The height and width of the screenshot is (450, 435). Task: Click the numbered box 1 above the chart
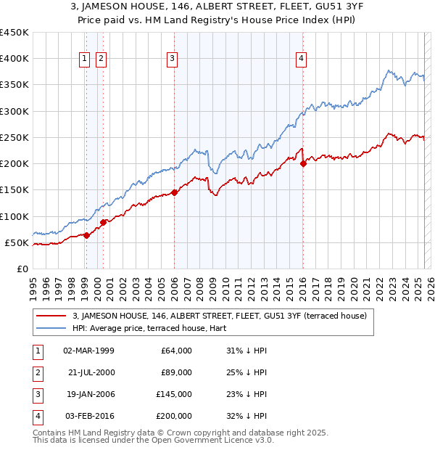85,60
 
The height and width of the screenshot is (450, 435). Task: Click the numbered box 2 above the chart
101,60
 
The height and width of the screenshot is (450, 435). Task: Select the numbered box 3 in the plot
172,60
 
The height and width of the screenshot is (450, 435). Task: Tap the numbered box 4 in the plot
300,60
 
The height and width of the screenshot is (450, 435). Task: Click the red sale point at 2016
303,163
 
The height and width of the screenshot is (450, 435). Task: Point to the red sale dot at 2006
174,192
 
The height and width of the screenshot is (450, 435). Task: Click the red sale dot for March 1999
86,235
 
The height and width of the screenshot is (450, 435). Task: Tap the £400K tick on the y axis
14,59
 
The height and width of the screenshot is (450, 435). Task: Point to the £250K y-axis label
14,137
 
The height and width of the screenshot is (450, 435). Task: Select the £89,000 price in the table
176,372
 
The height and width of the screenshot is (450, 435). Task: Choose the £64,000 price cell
176,351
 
